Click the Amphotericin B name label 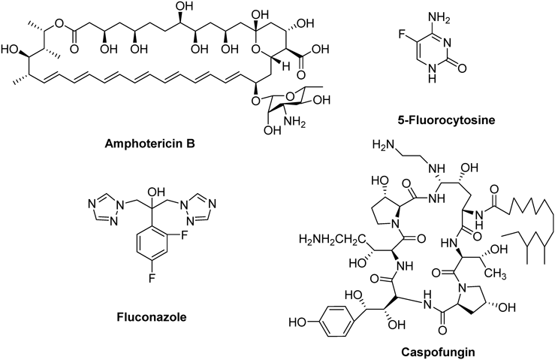(149, 144)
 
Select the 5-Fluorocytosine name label (446, 120)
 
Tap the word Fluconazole (152, 316)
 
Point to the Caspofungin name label (438, 352)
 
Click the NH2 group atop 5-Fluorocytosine (439, 18)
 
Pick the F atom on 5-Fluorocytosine (402, 35)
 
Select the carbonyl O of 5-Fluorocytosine (461, 68)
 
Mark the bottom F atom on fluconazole (152, 279)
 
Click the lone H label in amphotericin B (290, 65)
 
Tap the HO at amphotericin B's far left (10, 50)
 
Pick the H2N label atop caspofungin (384, 144)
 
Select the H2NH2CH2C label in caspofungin (332, 239)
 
